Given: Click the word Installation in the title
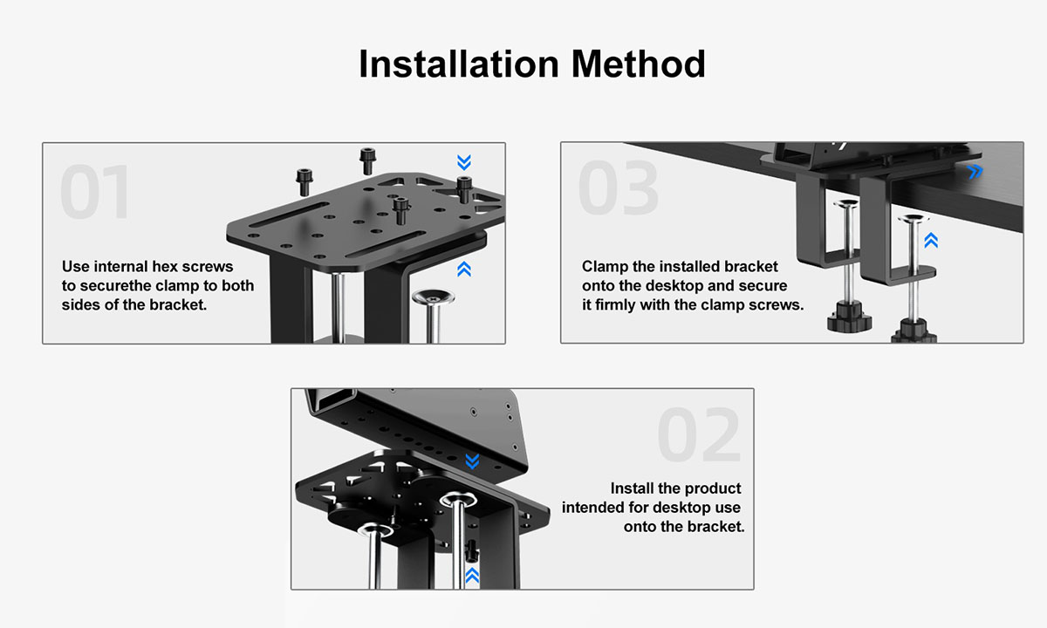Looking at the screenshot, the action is tap(459, 64).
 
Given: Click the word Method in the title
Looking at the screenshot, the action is tap(639, 64).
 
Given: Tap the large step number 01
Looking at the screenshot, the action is tap(95, 192).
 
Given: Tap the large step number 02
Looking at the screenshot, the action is tap(698, 434).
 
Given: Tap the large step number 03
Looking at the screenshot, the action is tap(619, 188).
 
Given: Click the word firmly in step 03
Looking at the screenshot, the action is tap(615, 305).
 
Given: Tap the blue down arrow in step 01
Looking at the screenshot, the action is tap(464, 162).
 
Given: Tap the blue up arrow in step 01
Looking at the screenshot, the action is tap(464, 269).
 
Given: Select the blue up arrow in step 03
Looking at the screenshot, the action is tap(931, 240).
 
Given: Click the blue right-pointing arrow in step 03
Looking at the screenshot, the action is tap(975, 172).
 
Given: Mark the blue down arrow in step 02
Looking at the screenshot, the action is tap(473, 461).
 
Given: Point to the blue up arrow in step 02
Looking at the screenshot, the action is tap(472, 575).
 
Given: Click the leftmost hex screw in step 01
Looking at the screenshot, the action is tap(305, 182).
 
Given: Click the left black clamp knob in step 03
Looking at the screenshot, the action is tap(849, 317).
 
